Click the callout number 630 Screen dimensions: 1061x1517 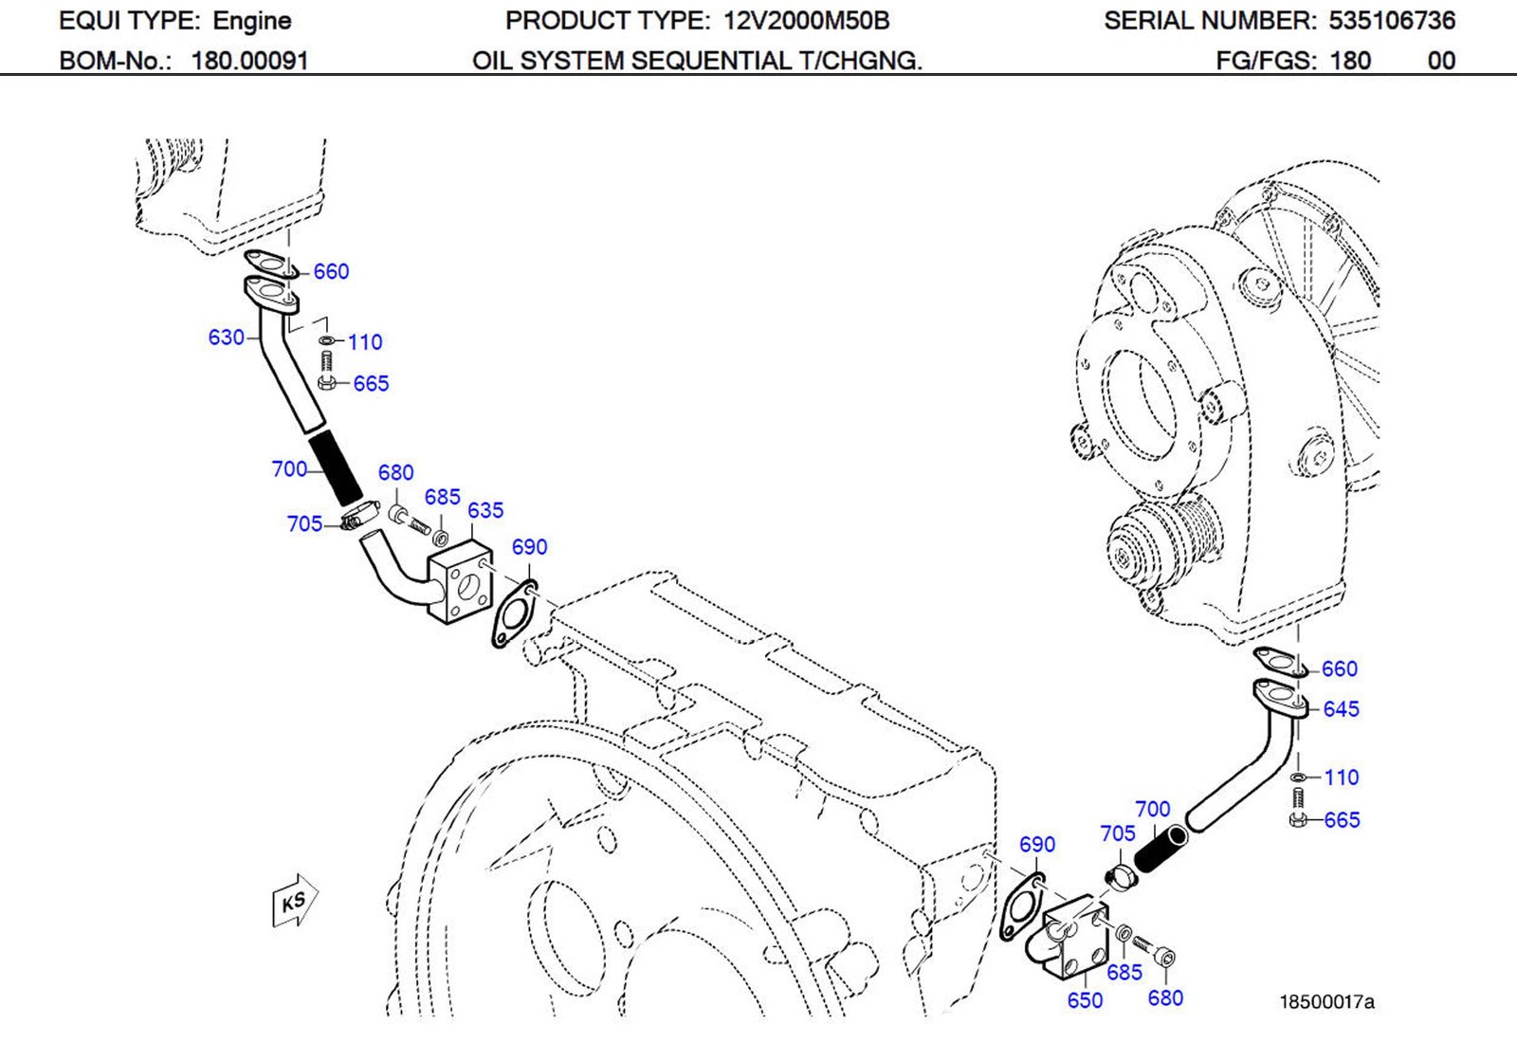tap(226, 338)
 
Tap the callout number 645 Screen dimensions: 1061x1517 tap(1341, 709)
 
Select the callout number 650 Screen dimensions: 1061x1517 tap(1085, 1000)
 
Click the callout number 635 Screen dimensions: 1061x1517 tap(485, 510)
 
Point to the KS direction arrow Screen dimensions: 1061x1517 tap(294, 901)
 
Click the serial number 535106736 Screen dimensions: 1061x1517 tap(1391, 21)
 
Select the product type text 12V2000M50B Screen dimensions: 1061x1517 tap(806, 21)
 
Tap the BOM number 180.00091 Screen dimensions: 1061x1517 tap(249, 62)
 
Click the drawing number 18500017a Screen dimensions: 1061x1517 tap(1326, 1001)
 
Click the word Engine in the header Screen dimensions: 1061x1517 tap(251, 21)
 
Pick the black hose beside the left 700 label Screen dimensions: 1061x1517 tap(336, 467)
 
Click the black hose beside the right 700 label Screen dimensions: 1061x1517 tap(1160, 849)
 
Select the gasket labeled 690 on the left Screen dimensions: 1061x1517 tap(514, 614)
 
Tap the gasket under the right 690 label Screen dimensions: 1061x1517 tap(1020, 909)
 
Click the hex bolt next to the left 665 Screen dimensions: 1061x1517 tap(327, 382)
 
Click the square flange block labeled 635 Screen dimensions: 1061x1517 tap(461, 581)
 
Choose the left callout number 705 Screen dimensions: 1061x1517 tap(304, 524)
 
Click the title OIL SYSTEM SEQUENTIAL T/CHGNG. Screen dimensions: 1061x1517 tap(697, 62)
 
